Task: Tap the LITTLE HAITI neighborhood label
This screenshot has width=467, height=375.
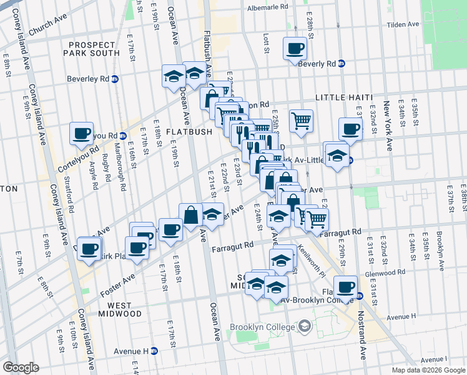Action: click(x=343, y=97)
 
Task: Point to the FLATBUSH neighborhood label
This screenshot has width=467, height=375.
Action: click(x=189, y=132)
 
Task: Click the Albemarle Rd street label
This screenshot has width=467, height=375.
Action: click(x=268, y=6)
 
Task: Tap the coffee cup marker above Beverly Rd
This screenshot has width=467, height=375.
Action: click(x=295, y=48)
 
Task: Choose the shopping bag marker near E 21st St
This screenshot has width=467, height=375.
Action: click(x=191, y=216)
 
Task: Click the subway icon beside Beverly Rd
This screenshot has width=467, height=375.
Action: click(x=342, y=64)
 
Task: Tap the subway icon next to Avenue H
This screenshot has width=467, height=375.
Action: click(x=154, y=351)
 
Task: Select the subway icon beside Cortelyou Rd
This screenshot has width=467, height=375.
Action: click(x=123, y=136)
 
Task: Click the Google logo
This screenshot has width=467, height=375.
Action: click(x=21, y=367)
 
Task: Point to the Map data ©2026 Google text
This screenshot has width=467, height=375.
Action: click(x=428, y=370)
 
